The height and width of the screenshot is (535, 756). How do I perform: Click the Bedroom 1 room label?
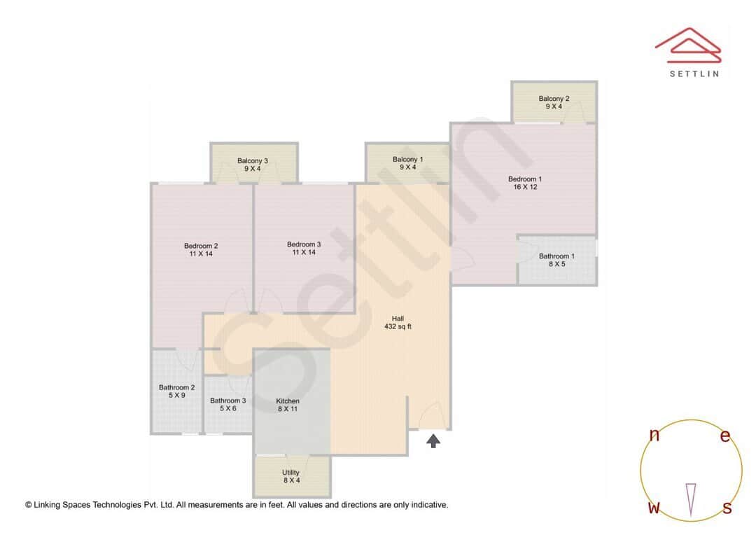[524, 183]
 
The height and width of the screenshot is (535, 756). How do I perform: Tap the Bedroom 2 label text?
[201, 249]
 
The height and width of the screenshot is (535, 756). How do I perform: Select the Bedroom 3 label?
[303, 248]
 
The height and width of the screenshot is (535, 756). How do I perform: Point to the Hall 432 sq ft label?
[397, 322]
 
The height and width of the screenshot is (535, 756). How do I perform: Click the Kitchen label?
[288, 405]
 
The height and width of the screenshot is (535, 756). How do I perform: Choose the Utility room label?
[291, 476]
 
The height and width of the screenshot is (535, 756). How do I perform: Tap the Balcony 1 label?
[407, 163]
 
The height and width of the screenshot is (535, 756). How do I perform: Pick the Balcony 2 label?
[554, 102]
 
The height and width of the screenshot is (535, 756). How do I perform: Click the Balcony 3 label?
[252, 165]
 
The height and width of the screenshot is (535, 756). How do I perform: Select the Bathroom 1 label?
[556, 260]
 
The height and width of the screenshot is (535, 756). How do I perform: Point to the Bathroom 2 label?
[176, 391]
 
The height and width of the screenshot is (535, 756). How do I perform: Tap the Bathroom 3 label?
[228, 404]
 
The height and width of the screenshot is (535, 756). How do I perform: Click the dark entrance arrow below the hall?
[433, 440]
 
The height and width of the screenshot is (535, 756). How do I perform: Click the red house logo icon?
[688, 44]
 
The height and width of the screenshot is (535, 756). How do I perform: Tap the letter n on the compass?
[654, 435]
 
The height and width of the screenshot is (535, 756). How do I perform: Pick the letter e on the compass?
[725, 436]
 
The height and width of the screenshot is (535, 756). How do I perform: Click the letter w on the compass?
[654, 508]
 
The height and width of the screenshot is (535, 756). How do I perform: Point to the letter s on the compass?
[727, 508]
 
